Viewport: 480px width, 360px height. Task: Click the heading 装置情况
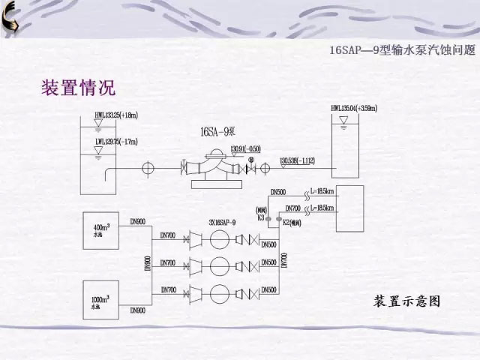coord(78,87)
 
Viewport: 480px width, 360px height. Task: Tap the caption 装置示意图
coord(406,301)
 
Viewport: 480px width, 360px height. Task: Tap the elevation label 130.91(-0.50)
coord(244,148)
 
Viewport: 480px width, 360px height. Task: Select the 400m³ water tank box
coord(103,229)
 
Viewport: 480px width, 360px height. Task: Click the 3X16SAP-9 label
coord(223,223)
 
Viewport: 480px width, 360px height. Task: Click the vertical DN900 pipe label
coord(147,264)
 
